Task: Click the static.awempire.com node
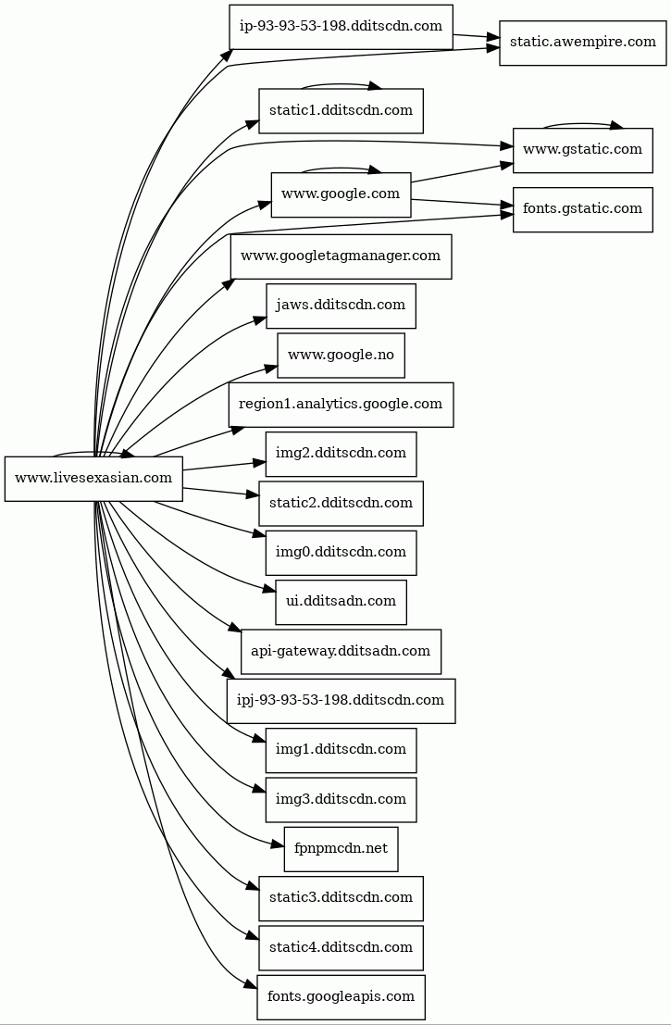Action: [582, 43]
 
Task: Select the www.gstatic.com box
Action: [582, 150]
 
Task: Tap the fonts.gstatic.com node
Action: [582, 209]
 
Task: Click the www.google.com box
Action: [341, 194]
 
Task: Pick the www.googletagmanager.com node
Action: [341, 256]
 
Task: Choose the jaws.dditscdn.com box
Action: [341, 306]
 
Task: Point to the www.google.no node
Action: [341, 356]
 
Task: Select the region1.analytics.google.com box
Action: [341, 405]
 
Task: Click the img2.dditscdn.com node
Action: [341, 454]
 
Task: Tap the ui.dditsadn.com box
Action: [341, 602]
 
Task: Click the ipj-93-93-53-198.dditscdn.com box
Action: [341, 701]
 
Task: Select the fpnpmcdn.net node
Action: [341, 849]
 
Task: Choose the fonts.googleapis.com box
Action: [341, 997]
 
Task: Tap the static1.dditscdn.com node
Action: [341, 111]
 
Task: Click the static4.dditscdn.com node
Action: [341, 948]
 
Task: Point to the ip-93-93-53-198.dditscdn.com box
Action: [341, 27]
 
